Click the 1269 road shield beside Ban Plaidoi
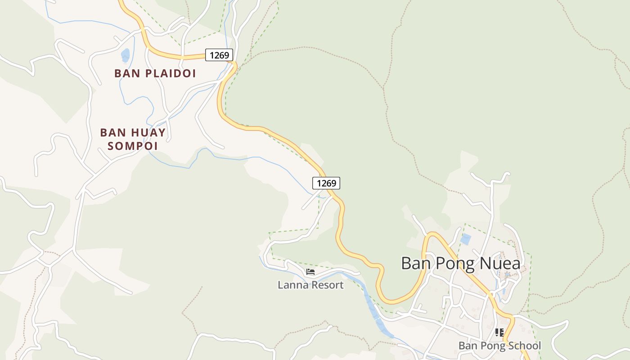[x=219, y=55]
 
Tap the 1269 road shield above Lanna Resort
[x=326, y=183]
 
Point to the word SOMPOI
[x=133, y=146]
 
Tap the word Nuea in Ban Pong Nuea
[x=501, y=263]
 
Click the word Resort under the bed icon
[x=327, y=285]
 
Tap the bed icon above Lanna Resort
[x=310, y=272]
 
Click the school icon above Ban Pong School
[x=499, y=333]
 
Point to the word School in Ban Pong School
[x=524, y=346]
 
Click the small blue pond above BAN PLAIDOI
[x=125, y=55]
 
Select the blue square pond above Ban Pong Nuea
[x=465, y=239]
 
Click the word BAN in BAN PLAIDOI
[x=125, y=73]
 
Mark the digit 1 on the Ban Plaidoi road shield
[x=212, y=55]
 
